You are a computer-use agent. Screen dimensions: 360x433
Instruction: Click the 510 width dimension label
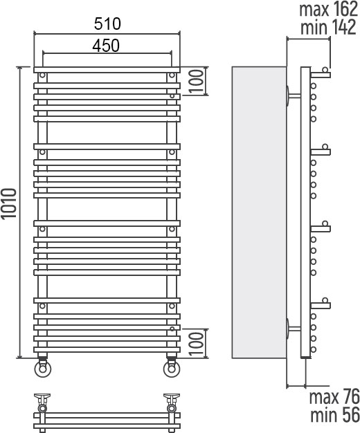click(107, 24)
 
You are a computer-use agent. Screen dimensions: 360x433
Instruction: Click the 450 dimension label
click(106, 46)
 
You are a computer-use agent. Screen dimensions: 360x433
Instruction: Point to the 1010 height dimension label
click(9, 203)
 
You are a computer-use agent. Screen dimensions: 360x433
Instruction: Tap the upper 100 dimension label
click(197, 81)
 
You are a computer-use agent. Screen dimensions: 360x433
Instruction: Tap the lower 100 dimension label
click(197, 344)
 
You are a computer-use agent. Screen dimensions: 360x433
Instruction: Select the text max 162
click(328, 9)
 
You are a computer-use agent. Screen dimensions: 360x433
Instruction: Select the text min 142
click(328, 27)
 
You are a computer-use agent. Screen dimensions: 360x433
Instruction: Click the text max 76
click(334, 397)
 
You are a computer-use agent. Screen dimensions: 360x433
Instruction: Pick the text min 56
click(335, 415)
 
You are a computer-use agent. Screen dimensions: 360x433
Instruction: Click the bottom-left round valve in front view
click(43, 369)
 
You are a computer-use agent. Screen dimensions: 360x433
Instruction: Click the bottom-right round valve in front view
click(172, 369)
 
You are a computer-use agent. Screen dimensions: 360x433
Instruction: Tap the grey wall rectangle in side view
click(259, 212)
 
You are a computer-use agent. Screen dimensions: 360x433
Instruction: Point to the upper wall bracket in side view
click(293, 96)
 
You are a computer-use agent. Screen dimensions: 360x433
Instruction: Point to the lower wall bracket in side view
click(293, 329)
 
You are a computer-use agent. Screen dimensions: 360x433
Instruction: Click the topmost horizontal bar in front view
click(107, 70)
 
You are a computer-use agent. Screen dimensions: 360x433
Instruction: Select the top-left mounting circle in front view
click(42, 75)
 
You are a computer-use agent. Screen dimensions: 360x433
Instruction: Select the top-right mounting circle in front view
click(172, 75)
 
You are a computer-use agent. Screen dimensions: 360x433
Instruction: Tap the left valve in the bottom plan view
click(42, 403)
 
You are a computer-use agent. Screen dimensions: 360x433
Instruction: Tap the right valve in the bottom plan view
click(172, 403)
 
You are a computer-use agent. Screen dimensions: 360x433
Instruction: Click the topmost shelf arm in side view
click(320, 75)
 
